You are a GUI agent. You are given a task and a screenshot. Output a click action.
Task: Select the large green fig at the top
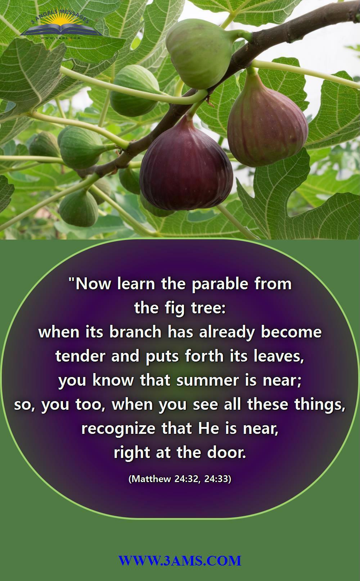199,53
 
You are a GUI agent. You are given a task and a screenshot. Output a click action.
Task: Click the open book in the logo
60,30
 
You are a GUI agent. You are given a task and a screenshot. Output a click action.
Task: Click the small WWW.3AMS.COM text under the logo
60,38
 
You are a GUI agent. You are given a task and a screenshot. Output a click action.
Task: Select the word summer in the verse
207,381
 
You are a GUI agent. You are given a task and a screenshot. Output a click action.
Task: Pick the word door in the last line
226,452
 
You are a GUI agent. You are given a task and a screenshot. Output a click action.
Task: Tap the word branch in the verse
135,332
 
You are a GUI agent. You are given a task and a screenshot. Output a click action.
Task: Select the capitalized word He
208,428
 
